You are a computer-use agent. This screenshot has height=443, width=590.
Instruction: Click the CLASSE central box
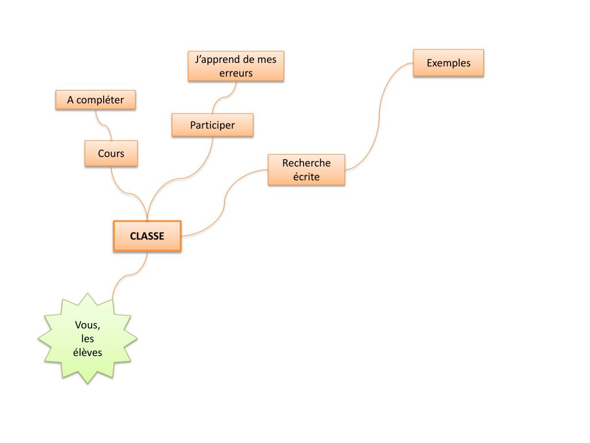[147, 236]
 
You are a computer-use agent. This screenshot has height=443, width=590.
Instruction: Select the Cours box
[111, 153]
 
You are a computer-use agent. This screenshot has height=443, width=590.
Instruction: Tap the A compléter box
[96, 100]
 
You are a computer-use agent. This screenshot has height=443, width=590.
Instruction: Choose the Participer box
[213, 125]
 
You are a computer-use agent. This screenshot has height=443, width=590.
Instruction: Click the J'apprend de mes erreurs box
[236, 66]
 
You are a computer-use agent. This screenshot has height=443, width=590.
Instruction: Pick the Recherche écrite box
[306, 170]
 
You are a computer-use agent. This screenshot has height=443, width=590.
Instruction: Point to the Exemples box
[448, 63]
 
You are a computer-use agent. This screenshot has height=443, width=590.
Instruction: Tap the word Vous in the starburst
[88, 325]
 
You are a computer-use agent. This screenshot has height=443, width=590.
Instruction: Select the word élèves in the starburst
[88, 352]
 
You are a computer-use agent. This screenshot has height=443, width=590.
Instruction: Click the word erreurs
[236, 73]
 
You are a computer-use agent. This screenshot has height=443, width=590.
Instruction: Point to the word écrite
[306, 177]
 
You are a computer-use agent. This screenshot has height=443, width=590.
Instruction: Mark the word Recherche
[306, 163]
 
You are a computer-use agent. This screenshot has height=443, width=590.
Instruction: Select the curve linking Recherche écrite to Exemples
[380, 115]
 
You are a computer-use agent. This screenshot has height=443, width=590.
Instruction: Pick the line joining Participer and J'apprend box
[222, 99]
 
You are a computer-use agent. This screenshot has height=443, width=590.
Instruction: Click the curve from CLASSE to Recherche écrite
[224, 202]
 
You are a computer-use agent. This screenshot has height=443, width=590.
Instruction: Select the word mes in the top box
[267, 59]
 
